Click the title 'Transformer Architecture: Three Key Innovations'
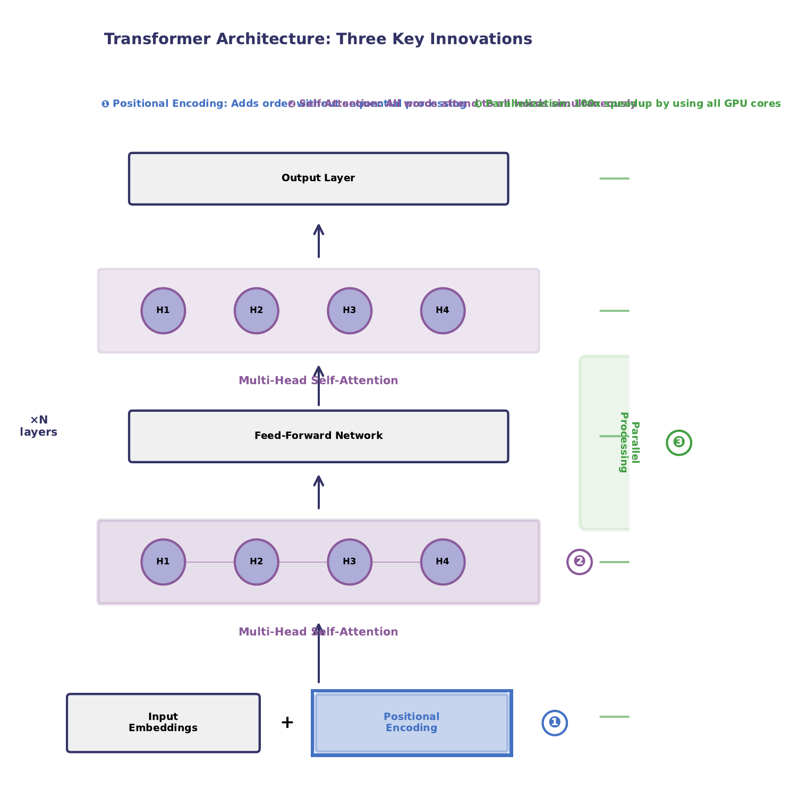coord(318,39)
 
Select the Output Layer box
coord(318,179)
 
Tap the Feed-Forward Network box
coord(318,436)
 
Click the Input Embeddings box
coord(163,723)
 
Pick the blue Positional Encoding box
coord(411,723)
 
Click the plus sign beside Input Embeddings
coord(287,723)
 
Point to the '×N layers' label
coord(39,426)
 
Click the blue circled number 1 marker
coord(554,723)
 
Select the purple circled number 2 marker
coord(579,562)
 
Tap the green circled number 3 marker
coord(678,442)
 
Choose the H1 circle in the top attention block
coord(163,311)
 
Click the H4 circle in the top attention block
coord(443,311)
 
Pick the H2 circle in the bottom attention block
coord(256,562)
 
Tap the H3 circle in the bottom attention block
coord(349,562)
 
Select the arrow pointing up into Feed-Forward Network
coord(318,492)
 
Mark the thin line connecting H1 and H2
coord(209,562)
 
